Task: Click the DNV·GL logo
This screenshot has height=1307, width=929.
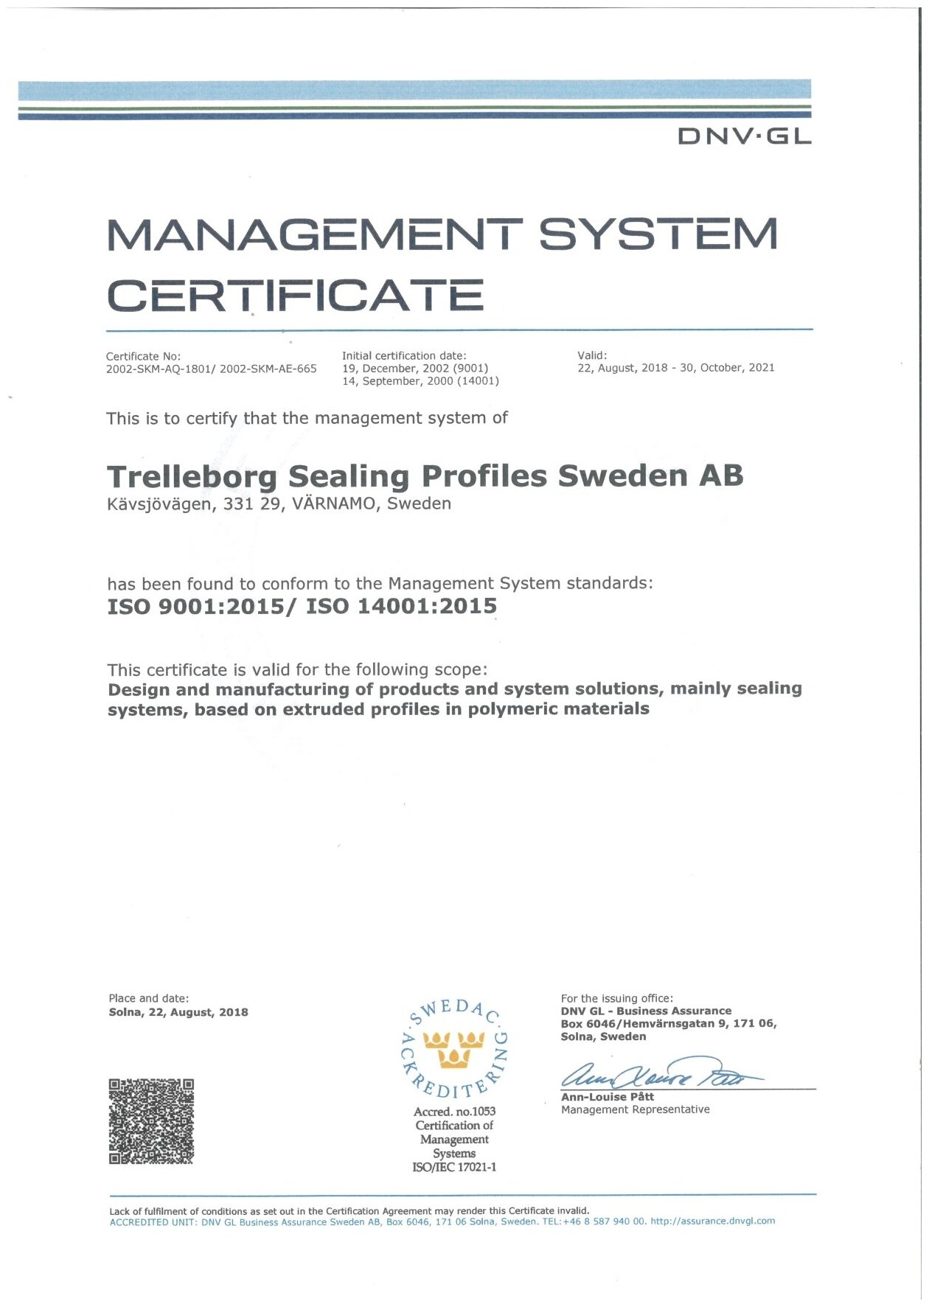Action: tap(744, 136)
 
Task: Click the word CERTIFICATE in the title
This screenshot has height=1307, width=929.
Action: tap(296, 296)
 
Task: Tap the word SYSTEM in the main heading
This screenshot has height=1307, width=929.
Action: tap(658, 234)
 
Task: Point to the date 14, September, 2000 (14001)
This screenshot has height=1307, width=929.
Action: tap(420, 381)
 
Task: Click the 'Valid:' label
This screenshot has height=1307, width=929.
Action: tap(592, 355)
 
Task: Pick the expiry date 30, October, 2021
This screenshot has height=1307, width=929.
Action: tap(727, 368)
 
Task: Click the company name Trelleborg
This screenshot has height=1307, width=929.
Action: tap(192, 476)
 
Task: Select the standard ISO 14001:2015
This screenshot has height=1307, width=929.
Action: tap(401, 607)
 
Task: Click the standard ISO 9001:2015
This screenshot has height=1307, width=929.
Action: tap(195, 607)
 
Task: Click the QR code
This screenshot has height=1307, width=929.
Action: tap(151, 1121)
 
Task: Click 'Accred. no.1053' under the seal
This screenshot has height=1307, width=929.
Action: tap(454, 1111)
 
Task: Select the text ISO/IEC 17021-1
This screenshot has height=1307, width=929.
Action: tap(454, 1167)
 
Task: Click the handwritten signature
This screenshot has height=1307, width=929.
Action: tap(658, 1078)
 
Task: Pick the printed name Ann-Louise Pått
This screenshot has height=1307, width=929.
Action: tap(607, 1097)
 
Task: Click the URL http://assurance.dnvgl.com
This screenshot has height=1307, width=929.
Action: tap(712, 1221)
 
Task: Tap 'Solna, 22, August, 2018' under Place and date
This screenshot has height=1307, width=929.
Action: tap(178, 1012)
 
